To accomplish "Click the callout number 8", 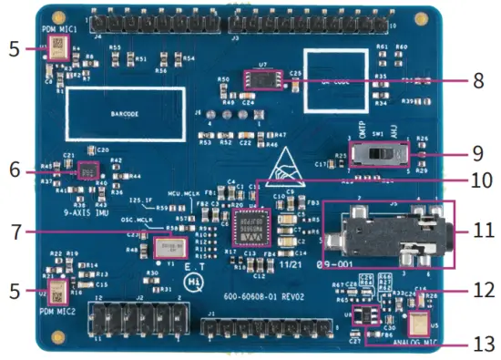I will click(479, 80).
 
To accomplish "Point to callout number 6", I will click(14, 170).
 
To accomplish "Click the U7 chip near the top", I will click(262, 81).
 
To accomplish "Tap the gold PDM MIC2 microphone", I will click(56, 294).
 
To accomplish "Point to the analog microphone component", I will click(419, 324).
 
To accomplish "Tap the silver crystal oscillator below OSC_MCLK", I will click(167, 248).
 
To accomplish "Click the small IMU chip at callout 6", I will click(88, 170).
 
